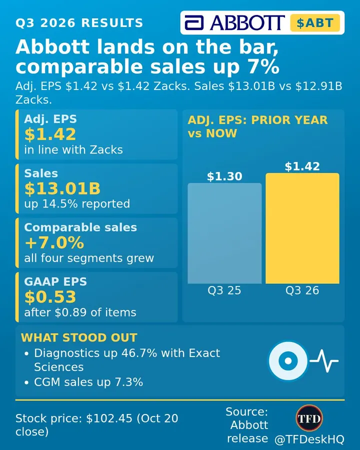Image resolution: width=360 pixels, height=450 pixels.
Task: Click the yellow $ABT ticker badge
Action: pyautogui.click(x=315, y=22)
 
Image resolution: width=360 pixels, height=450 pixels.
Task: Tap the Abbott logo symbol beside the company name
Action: pyautogui.click(x=194, y=22)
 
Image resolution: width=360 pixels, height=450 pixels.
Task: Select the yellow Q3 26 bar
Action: pyautogui.click(x=302, y=228)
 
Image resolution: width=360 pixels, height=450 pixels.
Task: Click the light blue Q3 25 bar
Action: pyautogui.click(x=224, y=233)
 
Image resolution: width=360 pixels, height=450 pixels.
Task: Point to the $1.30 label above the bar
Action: pyautogui.click(x=224, y=176)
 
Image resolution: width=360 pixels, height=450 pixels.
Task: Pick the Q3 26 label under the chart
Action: pyautogui.click(x=302, y=290)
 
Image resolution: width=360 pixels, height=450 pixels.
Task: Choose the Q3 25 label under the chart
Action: pyautogui.click(x=224, y=290)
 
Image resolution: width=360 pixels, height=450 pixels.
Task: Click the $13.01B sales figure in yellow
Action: pyautogui.click(x=62, y=188)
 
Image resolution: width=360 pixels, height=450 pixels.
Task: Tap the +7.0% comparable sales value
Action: pyautogui.click(x=54, y=242)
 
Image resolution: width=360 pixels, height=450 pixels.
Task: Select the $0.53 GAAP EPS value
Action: pyautogui.click(x=50, y=296)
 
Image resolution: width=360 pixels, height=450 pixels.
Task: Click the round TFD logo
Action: pyautogui.click(x=309, y=418)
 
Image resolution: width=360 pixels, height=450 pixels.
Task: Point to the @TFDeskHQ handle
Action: pyautogui.click(x=309, y=439)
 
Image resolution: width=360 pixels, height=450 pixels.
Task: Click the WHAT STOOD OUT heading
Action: pyautogui.click(x=79, y=337)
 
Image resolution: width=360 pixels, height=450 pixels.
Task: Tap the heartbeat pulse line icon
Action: pyautogui.click(x=324, y=360)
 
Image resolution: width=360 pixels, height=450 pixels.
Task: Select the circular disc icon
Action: pyautogui.click(x=288, y=360)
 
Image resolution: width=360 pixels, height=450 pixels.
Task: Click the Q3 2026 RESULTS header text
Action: pyautogui.click(x=79, y=23)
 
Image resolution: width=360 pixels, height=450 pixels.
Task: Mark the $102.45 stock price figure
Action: pyautogui.click(x=109, y=418)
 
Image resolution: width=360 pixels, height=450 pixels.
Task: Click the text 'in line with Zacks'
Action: pyautogui.click(x=73, y=149)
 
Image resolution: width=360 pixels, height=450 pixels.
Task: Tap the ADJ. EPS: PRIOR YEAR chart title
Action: pyautogui.click(x=258, y=120)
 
